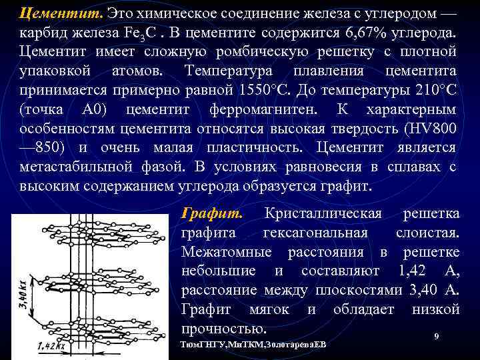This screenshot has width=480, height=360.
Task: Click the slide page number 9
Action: (436, 338)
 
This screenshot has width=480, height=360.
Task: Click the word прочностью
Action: (224, 328)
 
